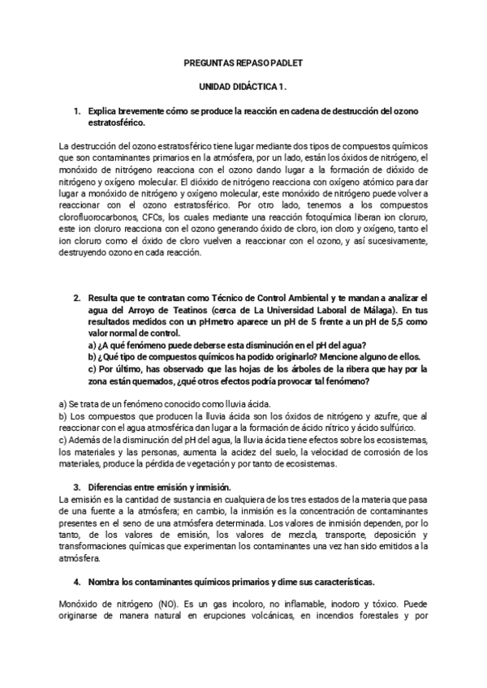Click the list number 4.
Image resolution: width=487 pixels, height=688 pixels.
[75, 583]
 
